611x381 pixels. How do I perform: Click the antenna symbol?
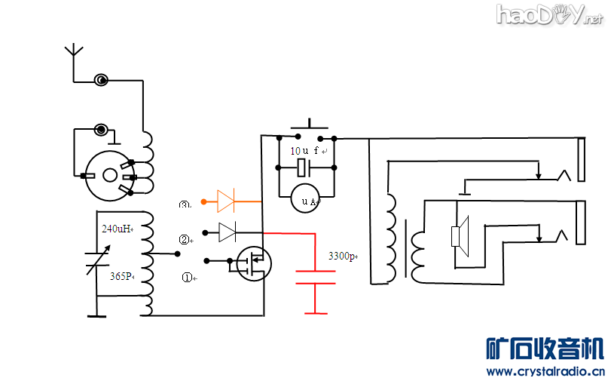pos(73,52)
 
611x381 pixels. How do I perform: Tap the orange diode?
pos(226,201)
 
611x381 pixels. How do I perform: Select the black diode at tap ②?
pos(227,232)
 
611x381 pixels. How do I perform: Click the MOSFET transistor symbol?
pos(255,263)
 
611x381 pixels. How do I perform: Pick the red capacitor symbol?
pos(315,276)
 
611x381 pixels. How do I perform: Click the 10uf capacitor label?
pos(304,151)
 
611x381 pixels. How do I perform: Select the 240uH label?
pos(118,229)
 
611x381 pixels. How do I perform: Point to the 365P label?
pos(121,276)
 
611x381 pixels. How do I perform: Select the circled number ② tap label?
pos(184,241)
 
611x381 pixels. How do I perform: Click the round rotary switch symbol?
pos(110,174)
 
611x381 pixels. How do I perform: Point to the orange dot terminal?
pos(203,201)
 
